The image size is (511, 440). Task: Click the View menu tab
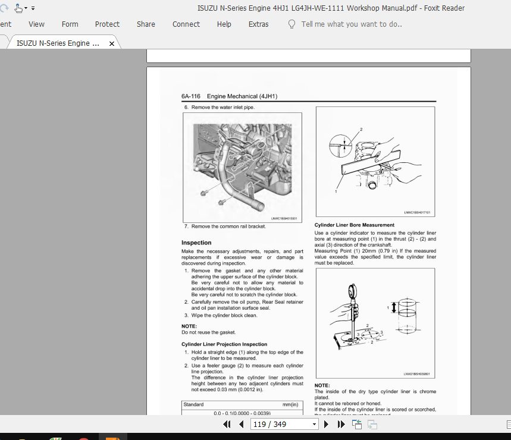pos(36,24)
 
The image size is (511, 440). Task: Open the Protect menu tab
pos(107,24)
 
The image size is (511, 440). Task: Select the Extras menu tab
pos(258,24)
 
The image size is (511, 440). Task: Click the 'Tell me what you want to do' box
pos(351,24)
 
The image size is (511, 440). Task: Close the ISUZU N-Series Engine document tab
pos(112,43)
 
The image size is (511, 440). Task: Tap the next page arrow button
pos(326,424)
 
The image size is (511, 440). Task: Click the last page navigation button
pos(341,424)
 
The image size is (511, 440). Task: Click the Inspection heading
pos(196,243)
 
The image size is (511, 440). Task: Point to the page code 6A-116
pos(191,96)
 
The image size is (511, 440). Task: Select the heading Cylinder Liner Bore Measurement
pos(354,225)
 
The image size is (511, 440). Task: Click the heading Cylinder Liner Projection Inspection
pos(224,344)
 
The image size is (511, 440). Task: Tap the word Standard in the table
pos(193,404)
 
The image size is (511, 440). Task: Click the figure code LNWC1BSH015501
pos(284,218)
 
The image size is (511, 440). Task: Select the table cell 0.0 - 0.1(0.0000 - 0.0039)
pos(242,413)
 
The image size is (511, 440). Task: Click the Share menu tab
pos(146,24)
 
